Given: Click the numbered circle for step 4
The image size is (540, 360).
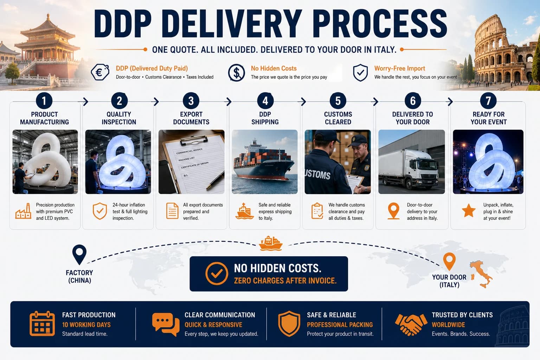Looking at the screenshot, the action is click(265, 101).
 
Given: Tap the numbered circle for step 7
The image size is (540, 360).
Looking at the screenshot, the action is click(488, 101).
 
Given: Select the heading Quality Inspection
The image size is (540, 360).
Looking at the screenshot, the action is click(119, 118).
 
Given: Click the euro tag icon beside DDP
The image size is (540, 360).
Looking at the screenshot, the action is click(100, 72).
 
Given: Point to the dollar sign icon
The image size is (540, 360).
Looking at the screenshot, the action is click(237, 72).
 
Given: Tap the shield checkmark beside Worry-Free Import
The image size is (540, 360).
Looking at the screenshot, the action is click(360, 72).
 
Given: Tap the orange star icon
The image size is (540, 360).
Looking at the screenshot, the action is click(469, 211).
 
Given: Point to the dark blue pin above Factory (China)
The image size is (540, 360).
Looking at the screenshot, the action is click(79, 255).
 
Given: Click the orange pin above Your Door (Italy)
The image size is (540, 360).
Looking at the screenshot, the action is click(449, 261).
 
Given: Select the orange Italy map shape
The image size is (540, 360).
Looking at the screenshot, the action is click(481, 274).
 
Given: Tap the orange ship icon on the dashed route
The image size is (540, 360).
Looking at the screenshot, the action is click(270, 244).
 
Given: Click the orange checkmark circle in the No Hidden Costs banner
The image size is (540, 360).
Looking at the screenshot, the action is click(217, 274).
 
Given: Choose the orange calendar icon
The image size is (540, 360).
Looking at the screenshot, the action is click(42, 323).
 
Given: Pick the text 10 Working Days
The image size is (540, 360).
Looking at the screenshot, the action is click(86, 325).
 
